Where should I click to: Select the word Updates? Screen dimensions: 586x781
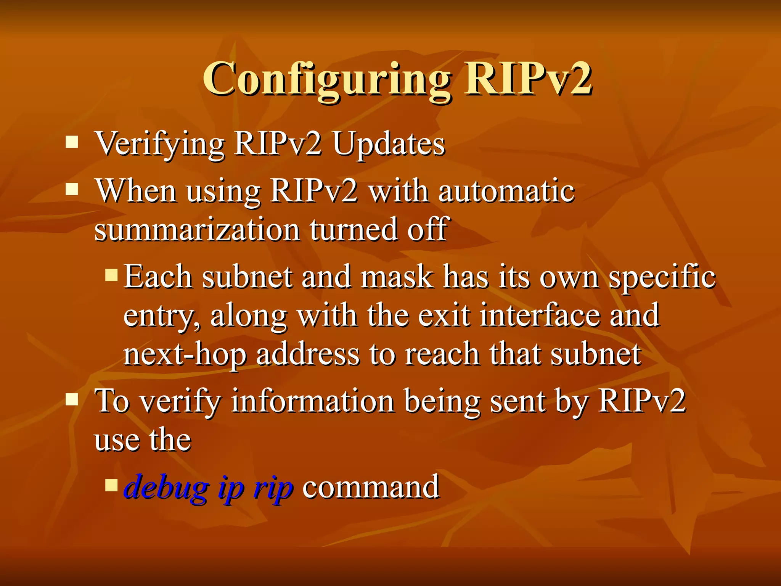(389, 144)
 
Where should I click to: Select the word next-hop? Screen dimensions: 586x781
(185, 355)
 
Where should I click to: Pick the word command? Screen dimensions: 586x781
(371, 487)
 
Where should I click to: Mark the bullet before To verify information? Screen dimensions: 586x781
(72, 399)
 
